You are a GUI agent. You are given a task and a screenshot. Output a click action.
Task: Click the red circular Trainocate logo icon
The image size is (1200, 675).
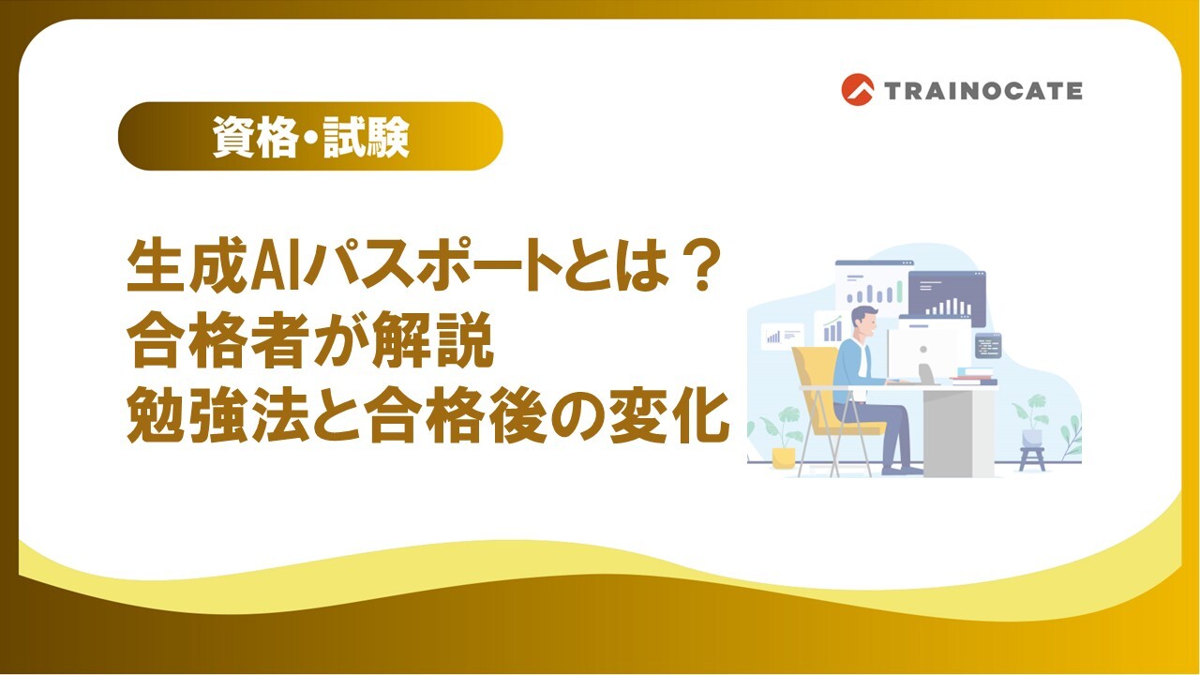tap(857, 89)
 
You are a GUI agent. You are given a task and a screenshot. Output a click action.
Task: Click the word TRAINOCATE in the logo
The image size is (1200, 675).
tap(983, 91)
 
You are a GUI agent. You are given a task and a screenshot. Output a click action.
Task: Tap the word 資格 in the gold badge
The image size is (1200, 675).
tap(255, 137)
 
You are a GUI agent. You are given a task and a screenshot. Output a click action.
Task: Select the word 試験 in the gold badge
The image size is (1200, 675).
tap(367, 137)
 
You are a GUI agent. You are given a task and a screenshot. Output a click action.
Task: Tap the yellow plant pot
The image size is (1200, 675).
tap(783, 458)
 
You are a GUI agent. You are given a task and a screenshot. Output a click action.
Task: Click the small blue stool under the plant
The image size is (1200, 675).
tap(1032, 458)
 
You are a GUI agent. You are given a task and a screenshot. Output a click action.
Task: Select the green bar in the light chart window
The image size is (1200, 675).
tap(900, 292)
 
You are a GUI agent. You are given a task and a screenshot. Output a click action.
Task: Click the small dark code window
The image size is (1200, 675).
tap(988, 346)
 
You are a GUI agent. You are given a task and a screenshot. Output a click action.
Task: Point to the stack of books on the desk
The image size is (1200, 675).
tap(974, 376)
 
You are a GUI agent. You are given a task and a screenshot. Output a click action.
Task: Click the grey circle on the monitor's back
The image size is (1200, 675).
tap(923, 350)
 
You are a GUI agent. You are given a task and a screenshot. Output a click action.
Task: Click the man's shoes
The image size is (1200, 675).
tap(902, 470)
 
